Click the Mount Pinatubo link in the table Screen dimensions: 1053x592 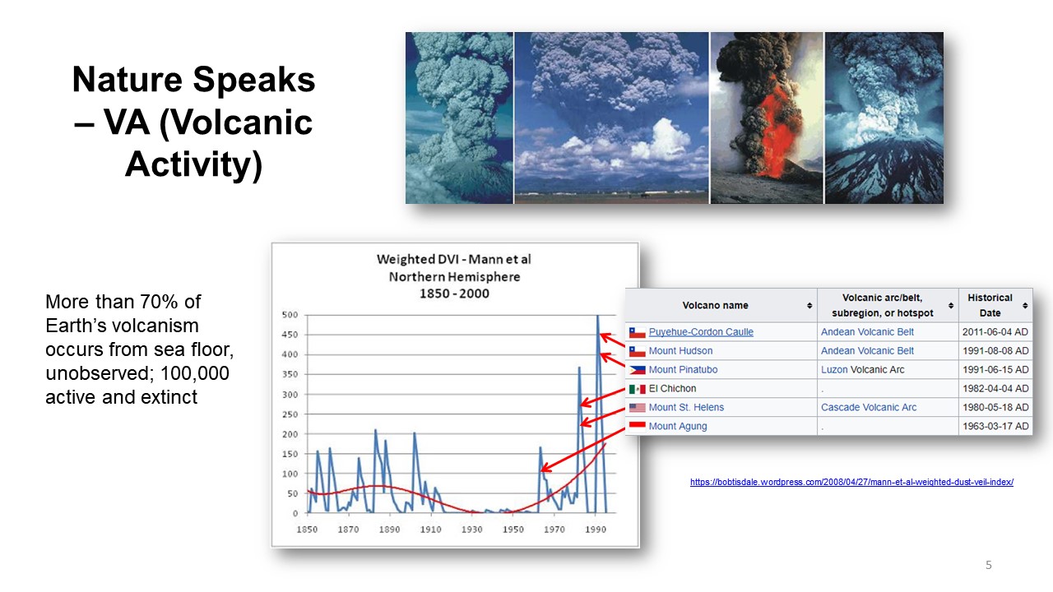click(x=683, y=370)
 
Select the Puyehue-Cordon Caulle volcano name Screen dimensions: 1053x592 click(x=701, y=331)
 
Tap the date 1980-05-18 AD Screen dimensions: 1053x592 click(x=995, y=407)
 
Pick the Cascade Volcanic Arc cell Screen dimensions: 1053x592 click(x=869, y=407)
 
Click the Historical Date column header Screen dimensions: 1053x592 click(x=990, y=305)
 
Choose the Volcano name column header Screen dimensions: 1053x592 click(x=715, y=305)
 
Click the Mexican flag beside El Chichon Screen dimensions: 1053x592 click(x=638, y=389)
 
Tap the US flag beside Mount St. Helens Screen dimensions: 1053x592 click(x=638, y=408)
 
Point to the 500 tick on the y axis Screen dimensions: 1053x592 click(x=290, y=315)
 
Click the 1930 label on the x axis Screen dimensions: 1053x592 click(x=471, y=530)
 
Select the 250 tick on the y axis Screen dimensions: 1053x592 click(x=290, y=414)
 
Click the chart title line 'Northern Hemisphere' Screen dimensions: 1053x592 click(x=454, y=277)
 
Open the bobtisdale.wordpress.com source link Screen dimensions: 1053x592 click(x=851, y=482)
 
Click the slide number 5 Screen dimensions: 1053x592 click(x=989, y=565)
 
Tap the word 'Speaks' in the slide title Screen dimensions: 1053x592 click(x=254, y=81)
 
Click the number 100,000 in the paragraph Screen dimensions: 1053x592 click(x=195, y=373)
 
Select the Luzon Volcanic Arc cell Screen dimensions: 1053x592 click(x=863, y=370)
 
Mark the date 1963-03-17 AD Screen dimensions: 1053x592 click(x=995, y=426)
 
